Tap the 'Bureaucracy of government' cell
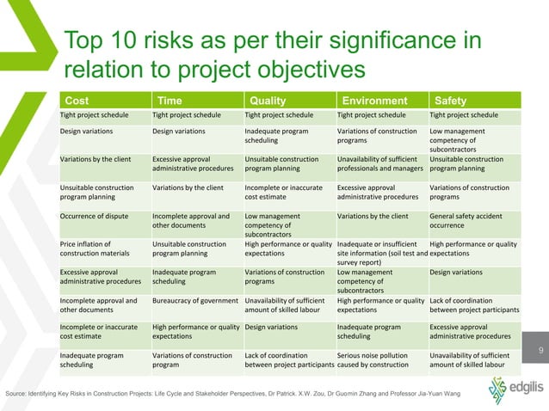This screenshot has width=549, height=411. [194, 301]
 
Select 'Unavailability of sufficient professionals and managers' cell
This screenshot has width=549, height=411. [379, 163]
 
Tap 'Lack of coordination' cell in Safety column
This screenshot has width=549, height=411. [472, 306]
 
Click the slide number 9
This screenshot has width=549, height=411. [540, 350]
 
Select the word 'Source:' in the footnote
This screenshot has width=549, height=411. [17, 393]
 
